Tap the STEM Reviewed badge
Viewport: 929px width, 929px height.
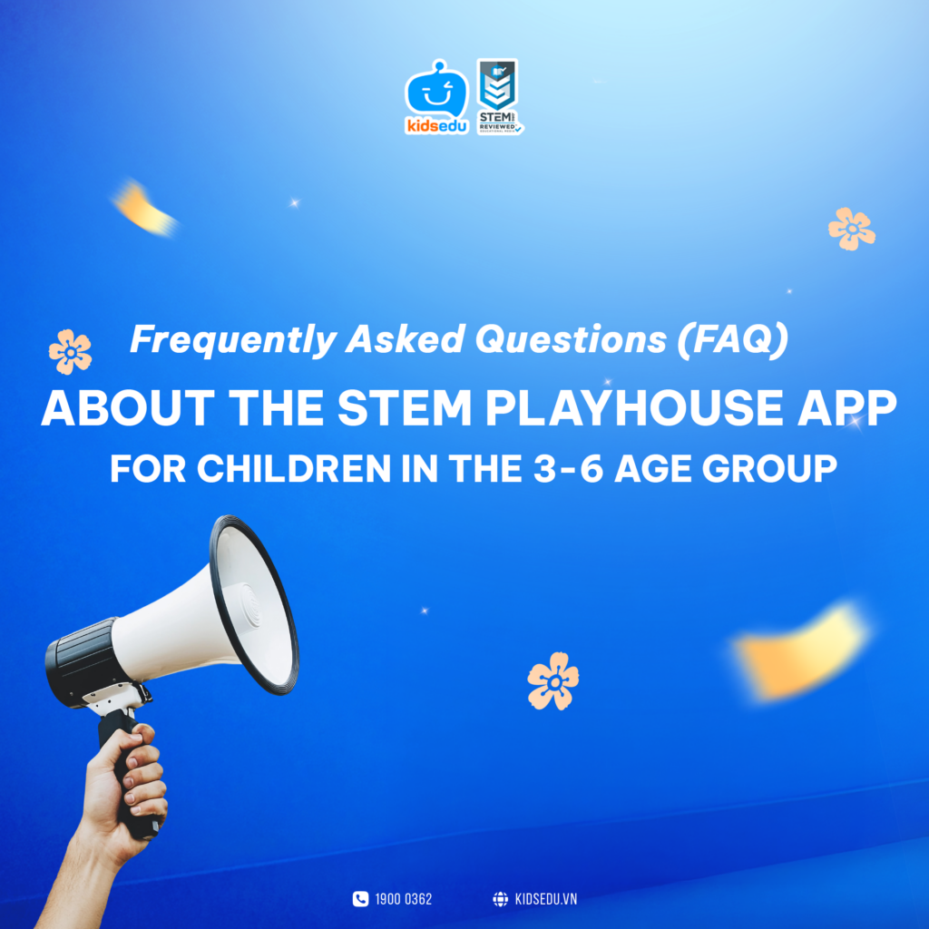(x=499, y=96)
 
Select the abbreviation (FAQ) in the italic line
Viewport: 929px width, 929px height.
(x=732, y=339)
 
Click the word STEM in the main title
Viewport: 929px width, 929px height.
(x=405, y=408)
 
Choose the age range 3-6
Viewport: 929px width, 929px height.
(x=568, y=469)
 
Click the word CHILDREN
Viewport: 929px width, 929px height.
(x=293, y=469)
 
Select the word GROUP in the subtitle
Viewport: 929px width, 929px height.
(x=769, y=469)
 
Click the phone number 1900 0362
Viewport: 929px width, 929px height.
(x=404, y=899)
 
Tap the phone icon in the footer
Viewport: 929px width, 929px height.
(x=360, y=899)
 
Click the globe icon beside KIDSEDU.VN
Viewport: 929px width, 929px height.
(x=501, y=899)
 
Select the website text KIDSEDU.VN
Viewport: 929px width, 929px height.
(x=545, y=899)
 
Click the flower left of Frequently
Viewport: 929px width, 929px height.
(x=71, y=352)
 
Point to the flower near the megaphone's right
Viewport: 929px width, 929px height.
(x=553, y=680)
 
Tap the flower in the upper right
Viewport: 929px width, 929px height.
(x=851, y=229)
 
